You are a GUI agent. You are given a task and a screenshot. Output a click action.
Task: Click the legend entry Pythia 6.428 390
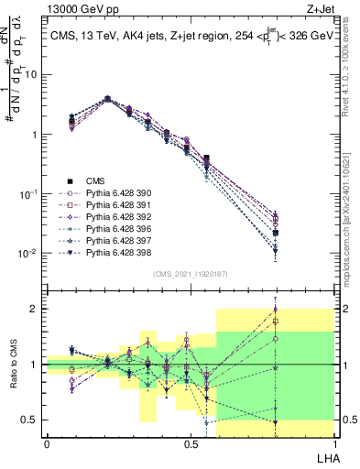coord(115,193)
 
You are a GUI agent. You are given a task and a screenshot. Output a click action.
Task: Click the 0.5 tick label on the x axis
coord(190,443)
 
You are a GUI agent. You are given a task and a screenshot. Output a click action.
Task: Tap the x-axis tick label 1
coord(333,443)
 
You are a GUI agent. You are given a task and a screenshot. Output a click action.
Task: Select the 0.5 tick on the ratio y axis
coord(31,420)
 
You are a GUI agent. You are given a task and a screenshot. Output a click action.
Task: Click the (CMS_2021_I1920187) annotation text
coord(190,273)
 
